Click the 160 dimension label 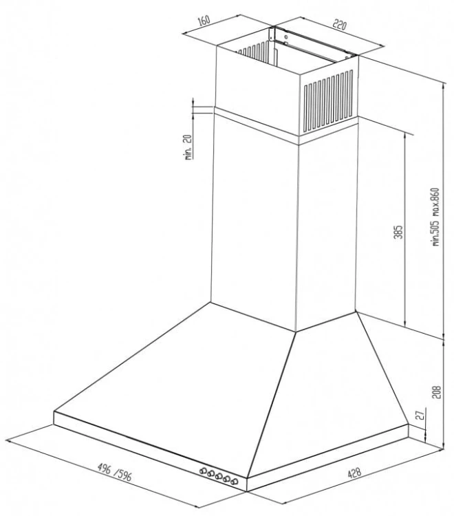pyautogui.click(x=204, y=21)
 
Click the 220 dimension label pyautogui.click(x=340, y=24)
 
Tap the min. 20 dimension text pyautogui.click(x=188, y=147)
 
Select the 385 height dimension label pyautogui.click(x=398, y=232)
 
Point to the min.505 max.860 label pyautogui.click(x=435, y=217)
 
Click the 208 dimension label pyautogui.click(x=436, y=392)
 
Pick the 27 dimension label pyautogui.click(x=420, y=415)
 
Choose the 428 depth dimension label pyautogui.click(x=354, y=473)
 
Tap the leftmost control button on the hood pyautogui.click(x=203, y=471)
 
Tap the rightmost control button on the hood pyautogui.click(x=235, y=482)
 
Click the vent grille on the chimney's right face pyautogui.click(x=328, y=100)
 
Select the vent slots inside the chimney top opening pyautogui.click(x=253, y=53)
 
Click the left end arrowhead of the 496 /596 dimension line pyautogui.click(x=9, y=441)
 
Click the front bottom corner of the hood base pyautogui.click(x=246, y=491)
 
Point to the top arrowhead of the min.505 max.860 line pyautogui.click(x=444, y=86)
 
